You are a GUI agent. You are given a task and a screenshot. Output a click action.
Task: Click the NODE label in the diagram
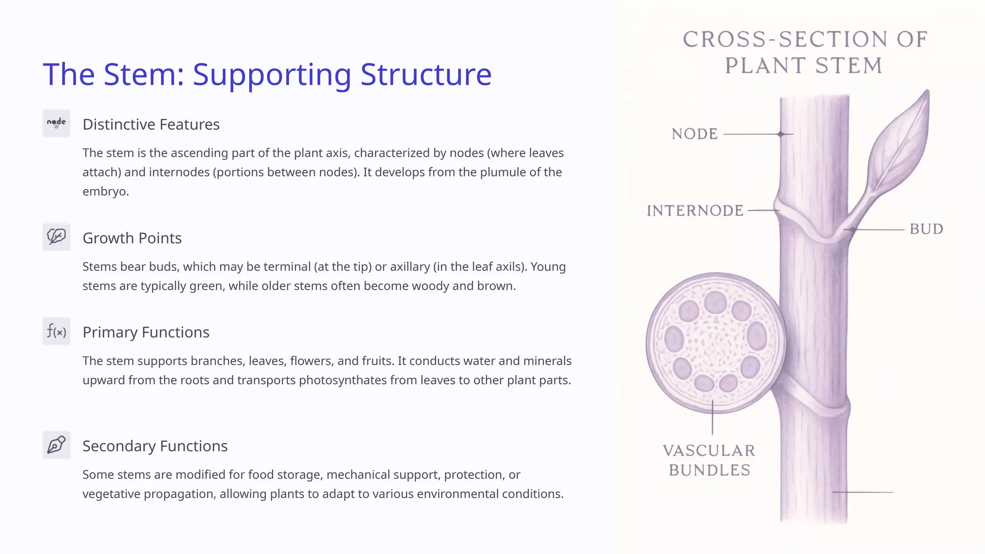pos(695,134)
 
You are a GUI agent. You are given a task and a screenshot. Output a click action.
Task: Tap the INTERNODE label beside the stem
pos(695,211)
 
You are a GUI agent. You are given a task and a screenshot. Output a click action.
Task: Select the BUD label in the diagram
pos(926,229)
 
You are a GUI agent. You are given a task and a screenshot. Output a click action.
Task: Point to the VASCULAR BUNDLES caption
pos(709,460)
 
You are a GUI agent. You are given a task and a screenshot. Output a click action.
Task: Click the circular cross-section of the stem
pos(715,343)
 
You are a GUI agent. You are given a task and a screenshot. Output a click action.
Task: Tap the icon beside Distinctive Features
pos(56,124)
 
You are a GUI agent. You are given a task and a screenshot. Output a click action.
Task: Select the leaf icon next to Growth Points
pos(56,237)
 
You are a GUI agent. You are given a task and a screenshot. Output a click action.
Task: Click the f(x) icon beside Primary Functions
pos(56,331)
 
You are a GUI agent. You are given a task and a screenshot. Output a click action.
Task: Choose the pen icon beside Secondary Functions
pos(56,445)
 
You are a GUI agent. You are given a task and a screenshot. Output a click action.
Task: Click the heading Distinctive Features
pos(151,125)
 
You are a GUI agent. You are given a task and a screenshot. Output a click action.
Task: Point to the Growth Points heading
pos(132,238)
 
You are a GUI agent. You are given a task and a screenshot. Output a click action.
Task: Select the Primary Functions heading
pos(146,332)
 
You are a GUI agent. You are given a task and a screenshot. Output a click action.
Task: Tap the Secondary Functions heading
pos(155,446)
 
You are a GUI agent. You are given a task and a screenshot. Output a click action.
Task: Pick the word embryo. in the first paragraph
pos(105,191)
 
